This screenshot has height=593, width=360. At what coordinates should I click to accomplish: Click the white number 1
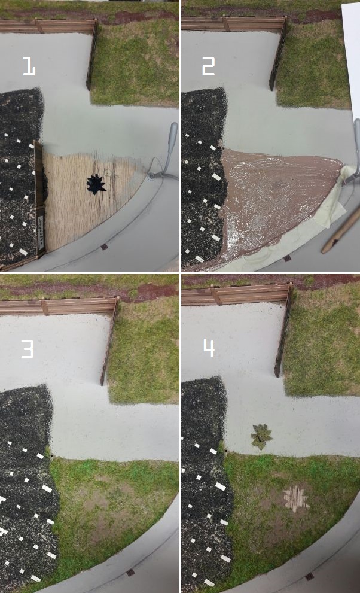[x=29, y=66]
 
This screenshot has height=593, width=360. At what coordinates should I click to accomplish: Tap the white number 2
[x=209, y=66]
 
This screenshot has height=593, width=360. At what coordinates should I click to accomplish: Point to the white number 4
[x=209, y=348]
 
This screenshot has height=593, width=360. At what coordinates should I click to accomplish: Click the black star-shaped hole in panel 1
[x=96, y=184]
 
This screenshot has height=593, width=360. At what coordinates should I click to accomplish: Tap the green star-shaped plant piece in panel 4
[x=261, y=436]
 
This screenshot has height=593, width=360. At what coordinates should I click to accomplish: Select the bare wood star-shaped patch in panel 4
[x=297, y=499]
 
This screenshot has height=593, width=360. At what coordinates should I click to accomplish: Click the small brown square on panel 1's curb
[x=105, y=247]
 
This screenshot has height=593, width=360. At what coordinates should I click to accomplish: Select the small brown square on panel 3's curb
[x=130, y=573]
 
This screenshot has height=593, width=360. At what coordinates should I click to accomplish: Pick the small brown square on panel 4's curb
[x=309, y=576]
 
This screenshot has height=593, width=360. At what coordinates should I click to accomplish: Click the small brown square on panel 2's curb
[x=287, y=259]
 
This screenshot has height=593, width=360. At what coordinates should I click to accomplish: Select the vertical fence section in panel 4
[x=284, y=331]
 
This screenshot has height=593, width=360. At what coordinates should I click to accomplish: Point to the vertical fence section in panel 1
[x=93, y=55]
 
